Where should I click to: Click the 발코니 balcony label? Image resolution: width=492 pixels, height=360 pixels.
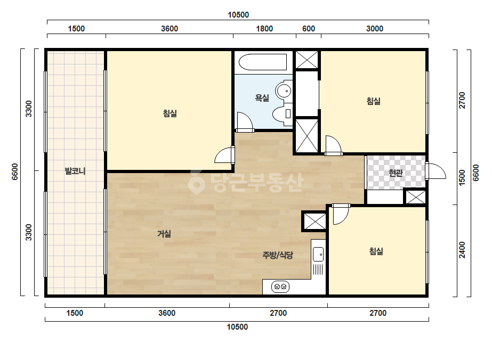pos(75,171)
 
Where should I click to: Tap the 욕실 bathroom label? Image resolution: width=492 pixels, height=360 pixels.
pos(262,98)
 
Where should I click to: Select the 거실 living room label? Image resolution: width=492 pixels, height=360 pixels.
pos(164,234)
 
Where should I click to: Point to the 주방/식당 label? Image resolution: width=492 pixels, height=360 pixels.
pos(278,255)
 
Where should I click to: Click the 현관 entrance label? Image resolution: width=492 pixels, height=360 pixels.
pos(396,173)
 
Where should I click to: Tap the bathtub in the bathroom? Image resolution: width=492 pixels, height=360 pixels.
pos(263,62)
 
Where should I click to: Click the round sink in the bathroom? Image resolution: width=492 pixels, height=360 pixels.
pos(284,91)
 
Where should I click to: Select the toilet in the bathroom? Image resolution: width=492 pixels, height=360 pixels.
pos(282,114)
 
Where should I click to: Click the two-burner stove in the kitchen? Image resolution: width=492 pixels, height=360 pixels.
pos(280,287)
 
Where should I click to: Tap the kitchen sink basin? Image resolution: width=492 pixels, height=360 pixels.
pos(318,254)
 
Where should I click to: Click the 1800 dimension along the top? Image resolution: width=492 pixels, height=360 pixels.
pos(264,29)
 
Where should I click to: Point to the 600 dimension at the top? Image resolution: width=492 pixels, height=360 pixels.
pos(309,29)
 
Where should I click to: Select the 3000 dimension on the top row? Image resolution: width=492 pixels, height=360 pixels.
pos(375,29)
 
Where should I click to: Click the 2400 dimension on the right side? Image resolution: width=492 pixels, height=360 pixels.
pos(462,250)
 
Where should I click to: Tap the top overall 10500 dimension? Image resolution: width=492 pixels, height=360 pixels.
pos(238,15)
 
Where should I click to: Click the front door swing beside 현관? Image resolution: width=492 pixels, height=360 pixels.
pos(437,171)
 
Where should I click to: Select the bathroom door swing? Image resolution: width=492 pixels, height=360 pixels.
pos(245,121)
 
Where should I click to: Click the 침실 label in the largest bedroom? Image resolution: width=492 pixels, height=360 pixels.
pos(170,113)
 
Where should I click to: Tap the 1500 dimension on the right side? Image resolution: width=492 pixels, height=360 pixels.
pos(462,178)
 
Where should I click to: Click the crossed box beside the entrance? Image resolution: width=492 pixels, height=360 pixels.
pos(416,197)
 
